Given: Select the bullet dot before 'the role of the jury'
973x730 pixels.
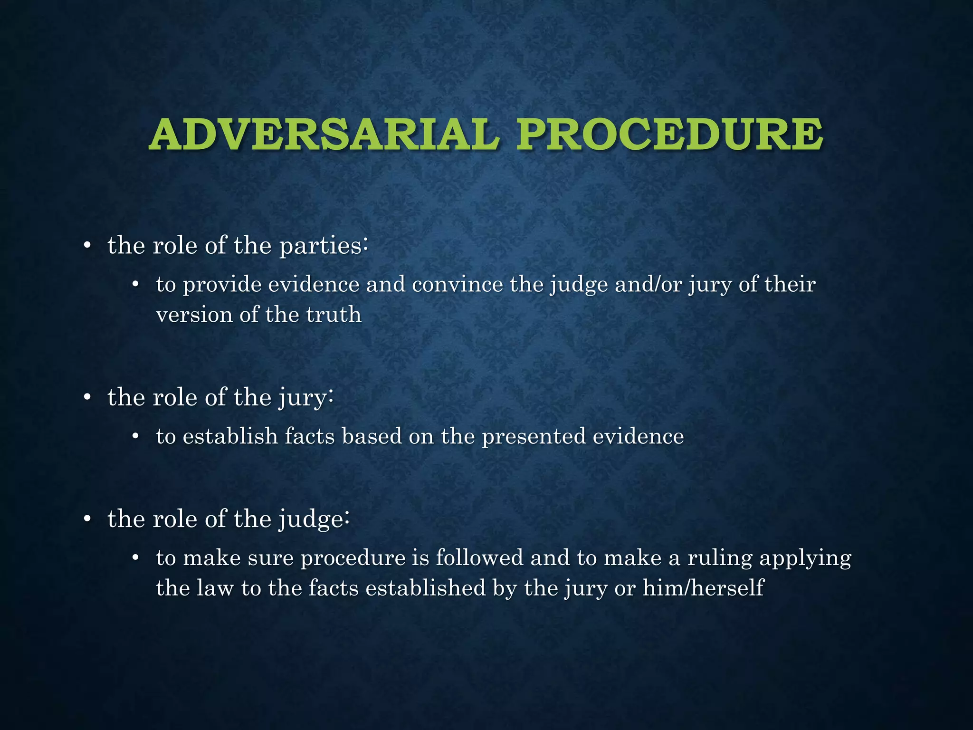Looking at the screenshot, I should point(86,398).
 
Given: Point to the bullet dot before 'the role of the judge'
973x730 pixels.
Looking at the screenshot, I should point(86,519).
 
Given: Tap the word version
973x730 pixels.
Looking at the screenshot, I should point(194,315).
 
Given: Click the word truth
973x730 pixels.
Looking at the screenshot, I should point(334,315).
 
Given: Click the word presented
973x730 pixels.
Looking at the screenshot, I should point(534,436).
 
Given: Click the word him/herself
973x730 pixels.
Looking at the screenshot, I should point(703,588).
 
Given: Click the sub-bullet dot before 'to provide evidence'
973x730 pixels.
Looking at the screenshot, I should point(135,285).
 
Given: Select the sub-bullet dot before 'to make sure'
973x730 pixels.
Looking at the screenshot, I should point(135,558).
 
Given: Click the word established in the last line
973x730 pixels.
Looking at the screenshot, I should point(426,588).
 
